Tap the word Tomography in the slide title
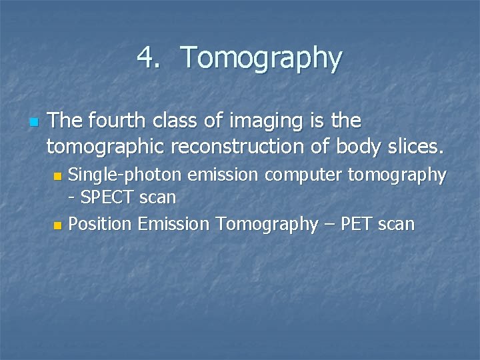click(261, 59)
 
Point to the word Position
click(101, 224)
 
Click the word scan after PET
click(397, 225)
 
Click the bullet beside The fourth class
click(33, 122)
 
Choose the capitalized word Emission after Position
click(173, 224)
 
